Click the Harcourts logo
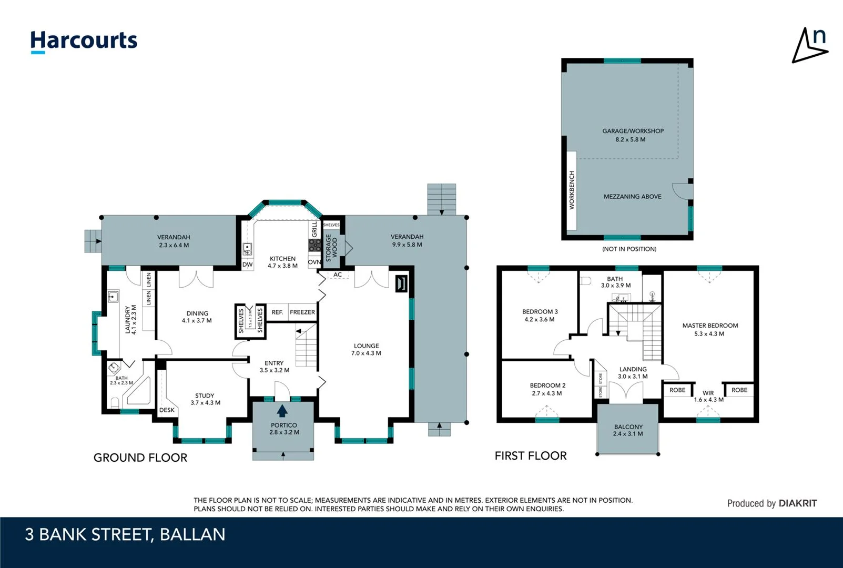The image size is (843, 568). click(84, 41)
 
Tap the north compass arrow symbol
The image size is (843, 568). click(809, 46)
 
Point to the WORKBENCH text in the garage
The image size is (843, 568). click(572, 190)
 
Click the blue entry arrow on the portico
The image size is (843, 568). click(282, 410)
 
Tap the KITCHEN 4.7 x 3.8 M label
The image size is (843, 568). click(282, 262)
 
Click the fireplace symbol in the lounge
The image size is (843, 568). click(401, 283)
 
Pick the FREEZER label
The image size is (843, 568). click(302, 312)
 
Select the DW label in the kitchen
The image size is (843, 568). click(247, 265)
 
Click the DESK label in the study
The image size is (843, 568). click(167, 410)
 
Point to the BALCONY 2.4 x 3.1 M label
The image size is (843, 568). click(628, 430)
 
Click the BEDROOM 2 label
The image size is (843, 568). click(547, 389)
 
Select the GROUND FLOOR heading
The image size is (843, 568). click(140, 458)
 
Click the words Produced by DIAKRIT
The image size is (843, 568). click(771, 503)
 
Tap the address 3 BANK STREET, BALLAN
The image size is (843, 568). click(125, 534)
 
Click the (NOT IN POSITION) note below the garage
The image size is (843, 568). click(629, 249)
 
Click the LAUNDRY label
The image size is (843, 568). click(130, 320)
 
